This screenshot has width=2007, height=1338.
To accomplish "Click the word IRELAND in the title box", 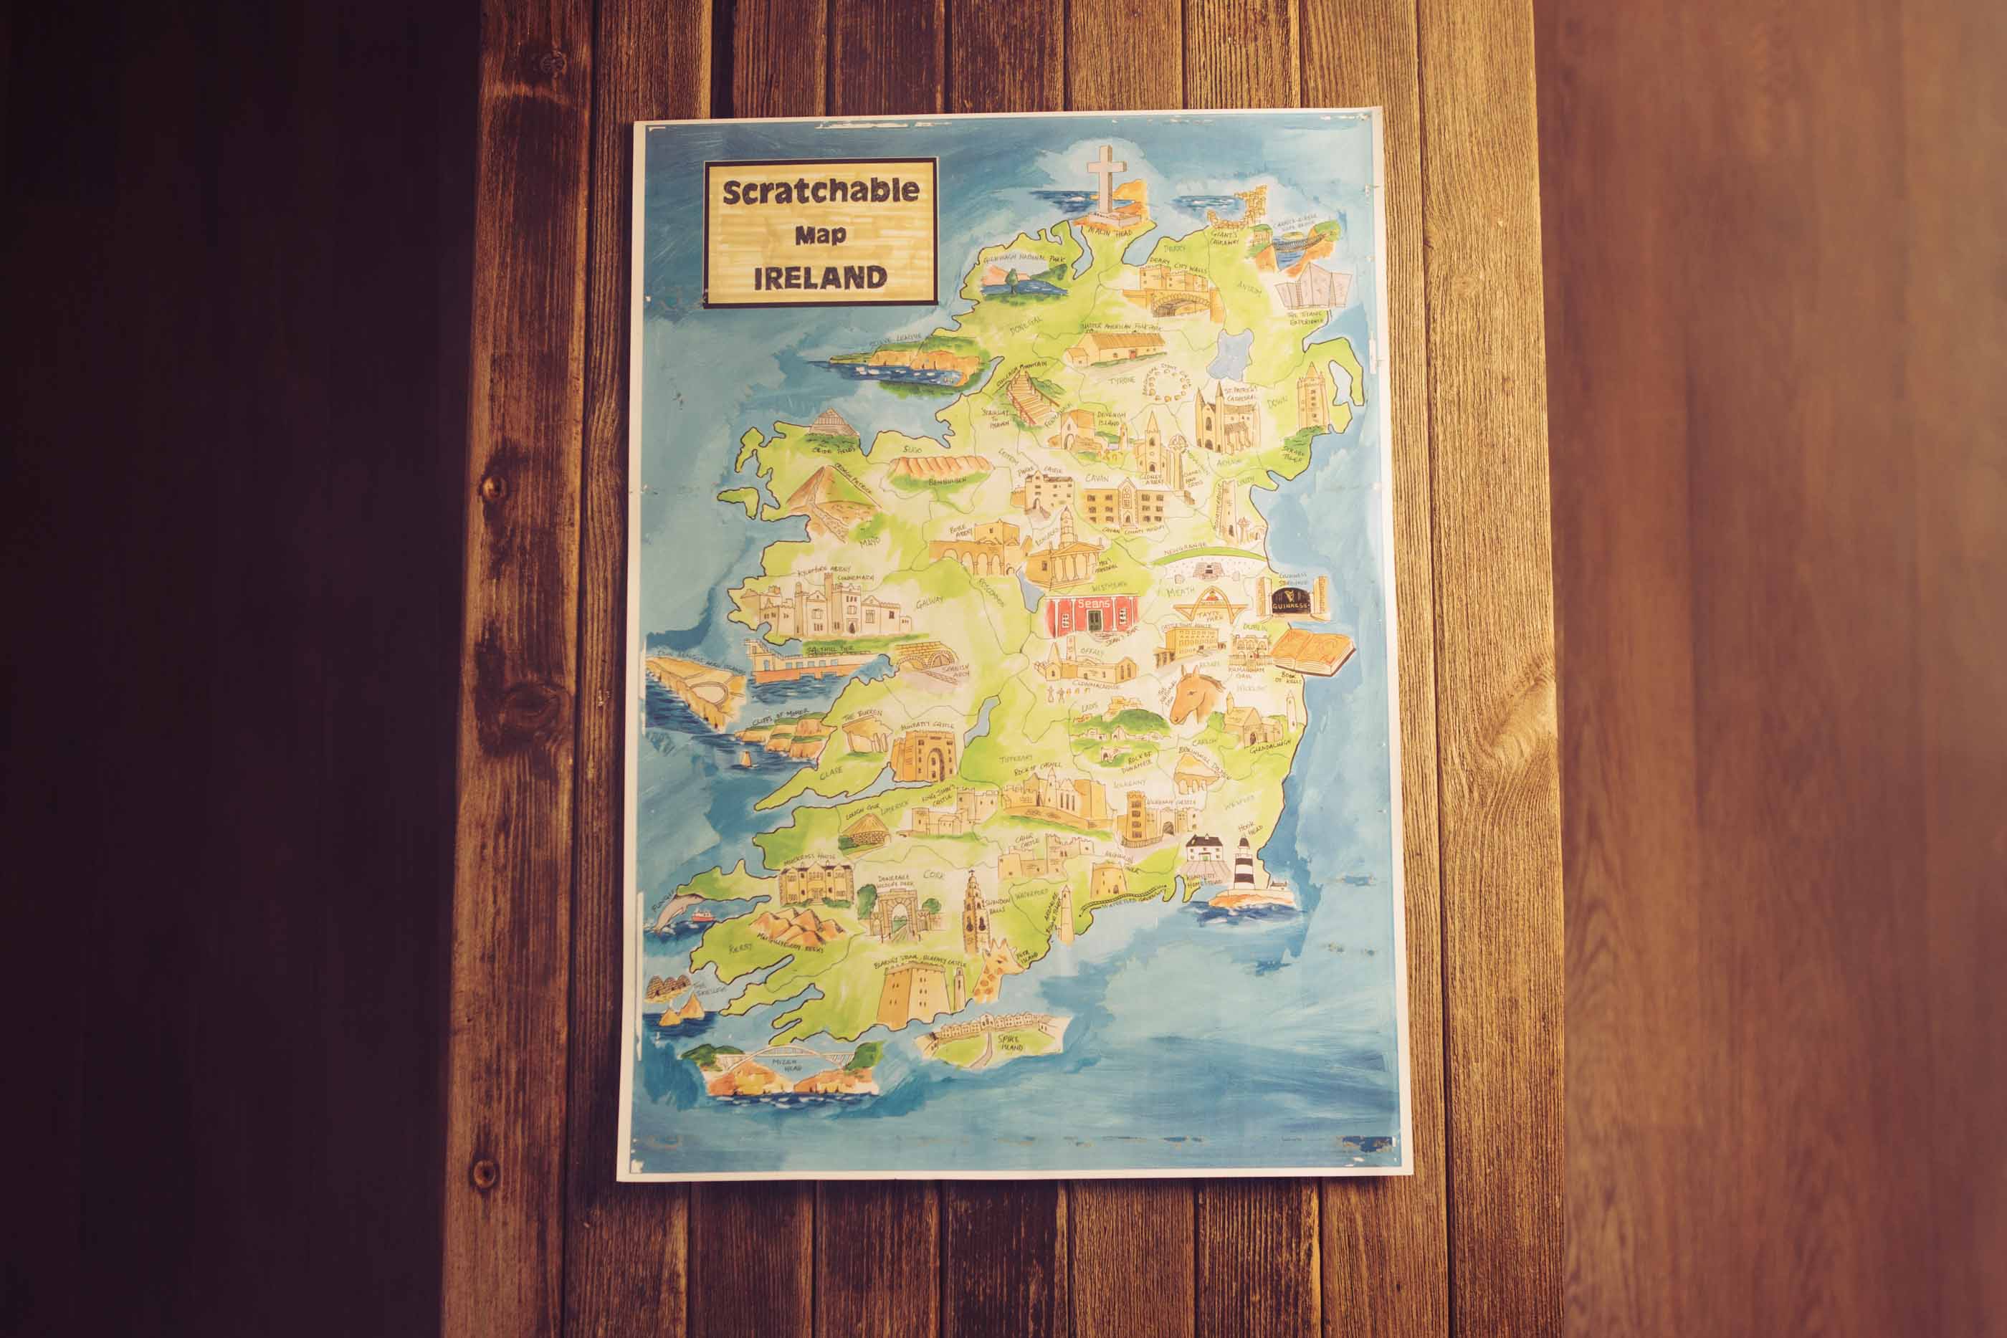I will click(x=820, y=277).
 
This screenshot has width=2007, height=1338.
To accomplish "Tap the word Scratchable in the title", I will click(x=820, y=191).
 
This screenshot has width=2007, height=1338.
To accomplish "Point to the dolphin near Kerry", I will click(x=680, y=907).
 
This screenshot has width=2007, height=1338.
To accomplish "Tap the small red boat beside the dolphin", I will click(x=702, y=916).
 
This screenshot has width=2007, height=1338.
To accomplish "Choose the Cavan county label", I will click(x=1097, y=479).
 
